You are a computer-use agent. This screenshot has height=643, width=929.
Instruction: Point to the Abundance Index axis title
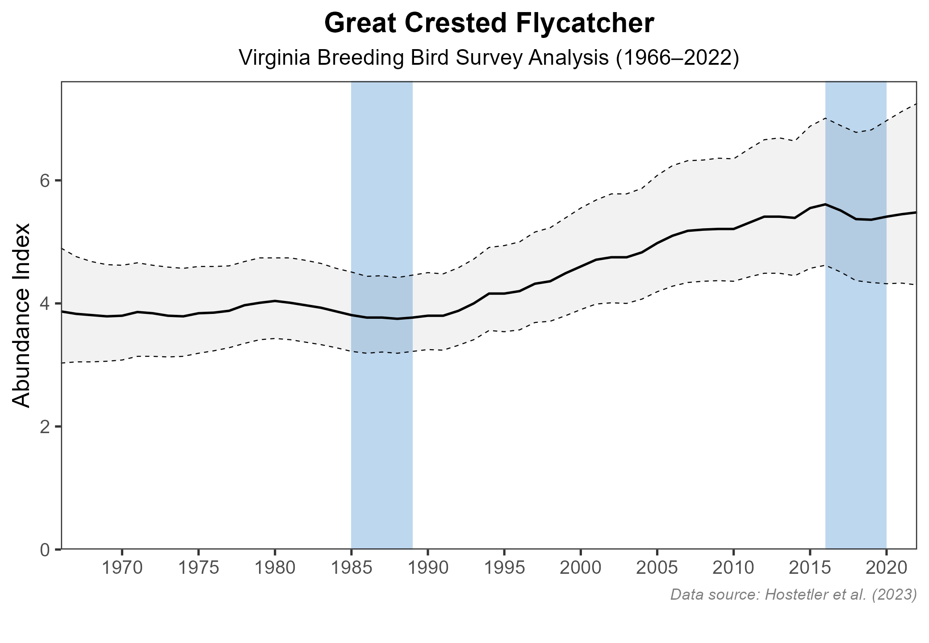21,315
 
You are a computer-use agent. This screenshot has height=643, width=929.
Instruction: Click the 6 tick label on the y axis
45,181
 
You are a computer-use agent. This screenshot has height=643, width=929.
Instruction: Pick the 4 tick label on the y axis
45,304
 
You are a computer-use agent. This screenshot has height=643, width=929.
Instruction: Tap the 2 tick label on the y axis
45,426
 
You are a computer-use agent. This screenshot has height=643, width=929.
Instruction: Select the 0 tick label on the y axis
45,549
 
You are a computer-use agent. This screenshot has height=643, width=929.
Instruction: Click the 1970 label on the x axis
122,569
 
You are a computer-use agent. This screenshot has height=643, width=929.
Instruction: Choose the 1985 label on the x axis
351,569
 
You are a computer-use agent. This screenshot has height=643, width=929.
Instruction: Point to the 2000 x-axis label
581,569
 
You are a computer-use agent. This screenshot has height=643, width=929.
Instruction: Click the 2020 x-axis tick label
886,569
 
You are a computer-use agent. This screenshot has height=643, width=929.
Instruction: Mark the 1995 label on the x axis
504,569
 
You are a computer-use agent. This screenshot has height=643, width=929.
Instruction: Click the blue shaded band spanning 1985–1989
382,424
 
